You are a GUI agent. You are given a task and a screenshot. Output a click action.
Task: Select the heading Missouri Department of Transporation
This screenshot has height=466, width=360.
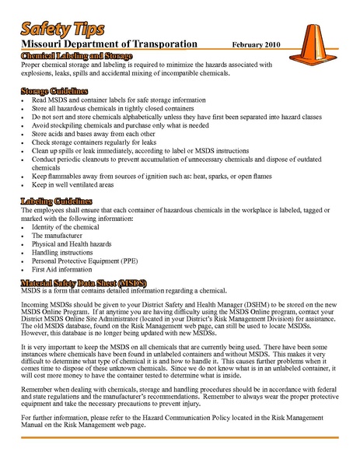coord(109,45)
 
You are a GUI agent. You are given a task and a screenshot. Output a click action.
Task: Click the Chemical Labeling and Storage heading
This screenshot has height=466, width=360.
coord(76,57)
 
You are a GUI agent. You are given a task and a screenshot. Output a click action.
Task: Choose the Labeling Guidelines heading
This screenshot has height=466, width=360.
coord(55,201)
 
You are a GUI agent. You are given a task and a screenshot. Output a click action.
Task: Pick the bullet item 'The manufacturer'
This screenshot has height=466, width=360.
coord(58,234)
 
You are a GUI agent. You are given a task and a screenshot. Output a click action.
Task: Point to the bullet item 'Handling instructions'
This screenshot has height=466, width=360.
coord(66,253)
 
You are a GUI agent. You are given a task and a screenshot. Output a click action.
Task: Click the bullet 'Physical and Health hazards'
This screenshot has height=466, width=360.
coord(75,244)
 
